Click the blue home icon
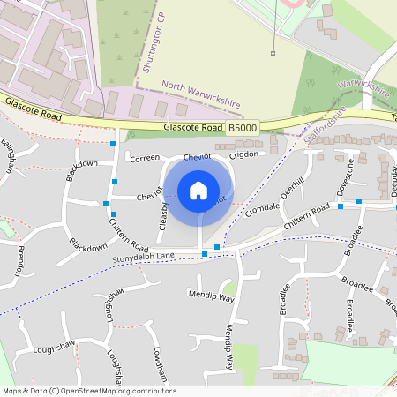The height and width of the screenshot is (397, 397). coord(198,190)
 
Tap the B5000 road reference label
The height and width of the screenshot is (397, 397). coord(243,128)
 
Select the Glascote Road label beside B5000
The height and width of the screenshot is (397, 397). coord(192,128)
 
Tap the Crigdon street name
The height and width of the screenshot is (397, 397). coord(244,154)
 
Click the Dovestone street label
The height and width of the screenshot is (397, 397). coord(350,176)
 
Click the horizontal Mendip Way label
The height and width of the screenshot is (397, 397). coord(211,296)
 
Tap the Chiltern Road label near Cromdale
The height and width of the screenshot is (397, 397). coord(308,208)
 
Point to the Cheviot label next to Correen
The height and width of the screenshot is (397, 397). coord(198,157)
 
